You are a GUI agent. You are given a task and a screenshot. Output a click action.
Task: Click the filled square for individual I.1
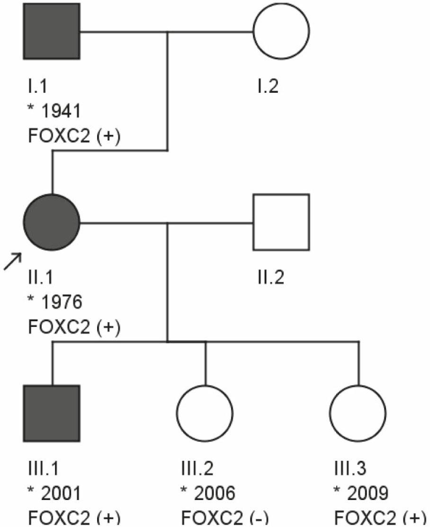pyautogui.click(x=52, y=32)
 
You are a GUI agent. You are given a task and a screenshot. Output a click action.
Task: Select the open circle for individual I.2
pyautogui.click(x=281, y=32)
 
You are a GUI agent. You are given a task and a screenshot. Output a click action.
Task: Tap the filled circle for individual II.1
pyautogui.click(x=52, y=222)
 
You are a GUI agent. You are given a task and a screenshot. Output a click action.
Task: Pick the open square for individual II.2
pyautogui.click(x=281, y=222)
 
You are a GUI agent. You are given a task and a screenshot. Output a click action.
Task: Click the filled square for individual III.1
pyautogui.click(x=52, y=413)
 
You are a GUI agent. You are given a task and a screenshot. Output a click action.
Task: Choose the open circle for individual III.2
pyautogui.click(x=205, y=413)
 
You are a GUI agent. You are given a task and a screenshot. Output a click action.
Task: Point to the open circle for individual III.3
pyautogui.click(x=358, y=413)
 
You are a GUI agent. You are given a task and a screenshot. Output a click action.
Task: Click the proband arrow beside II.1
pyautogui.click(x=13, y=261)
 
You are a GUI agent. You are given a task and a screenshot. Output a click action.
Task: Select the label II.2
pyautogui.click(x=268, y=278)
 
